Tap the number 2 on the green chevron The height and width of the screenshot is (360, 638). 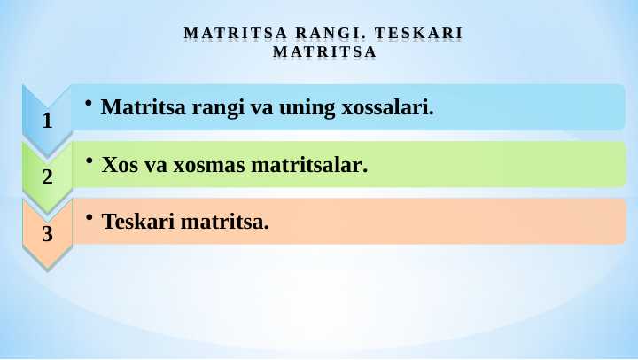pyautogui.click(x=48, y=177)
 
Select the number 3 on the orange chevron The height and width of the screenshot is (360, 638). pyautogui.click(x=48, y=234)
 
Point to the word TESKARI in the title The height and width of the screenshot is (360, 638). pyautogui.click(x=420, y=35)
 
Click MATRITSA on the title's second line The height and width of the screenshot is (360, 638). pyautogui.click(x=324, y=52)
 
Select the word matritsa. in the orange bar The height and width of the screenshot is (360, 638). pyautogui.click(x=225, y=221)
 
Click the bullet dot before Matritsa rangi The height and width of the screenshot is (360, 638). pyautogui.click(x=89, y=103)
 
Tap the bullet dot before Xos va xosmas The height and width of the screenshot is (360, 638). pyautogui.click(x=89, y=160)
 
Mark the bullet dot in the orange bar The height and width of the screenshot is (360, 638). pyautogui.click(x=89, y=215)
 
